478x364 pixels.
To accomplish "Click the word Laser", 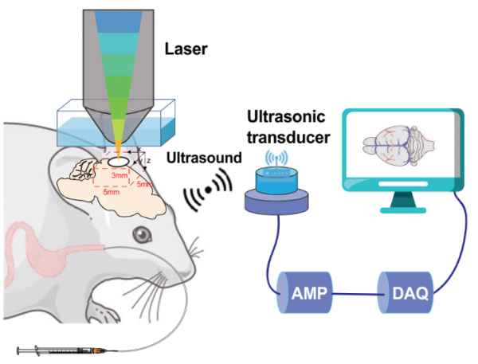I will click(x=186, y=49).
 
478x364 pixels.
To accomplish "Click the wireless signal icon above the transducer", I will click(x=277, y=158).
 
